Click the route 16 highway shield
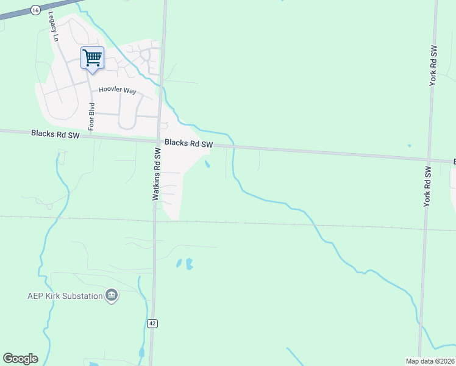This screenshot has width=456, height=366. (35, 10)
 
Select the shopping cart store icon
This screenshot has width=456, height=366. (92, 58)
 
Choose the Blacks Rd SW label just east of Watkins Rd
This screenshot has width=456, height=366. (188, 144)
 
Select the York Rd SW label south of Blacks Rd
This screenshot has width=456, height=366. (428, 183)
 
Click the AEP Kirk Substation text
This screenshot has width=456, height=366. (64, 296)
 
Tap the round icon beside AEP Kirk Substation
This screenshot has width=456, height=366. (112, 296)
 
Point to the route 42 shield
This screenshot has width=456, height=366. (152, 323)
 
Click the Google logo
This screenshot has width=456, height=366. (20, 359)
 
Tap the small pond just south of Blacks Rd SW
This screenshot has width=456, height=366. (208, 163)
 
